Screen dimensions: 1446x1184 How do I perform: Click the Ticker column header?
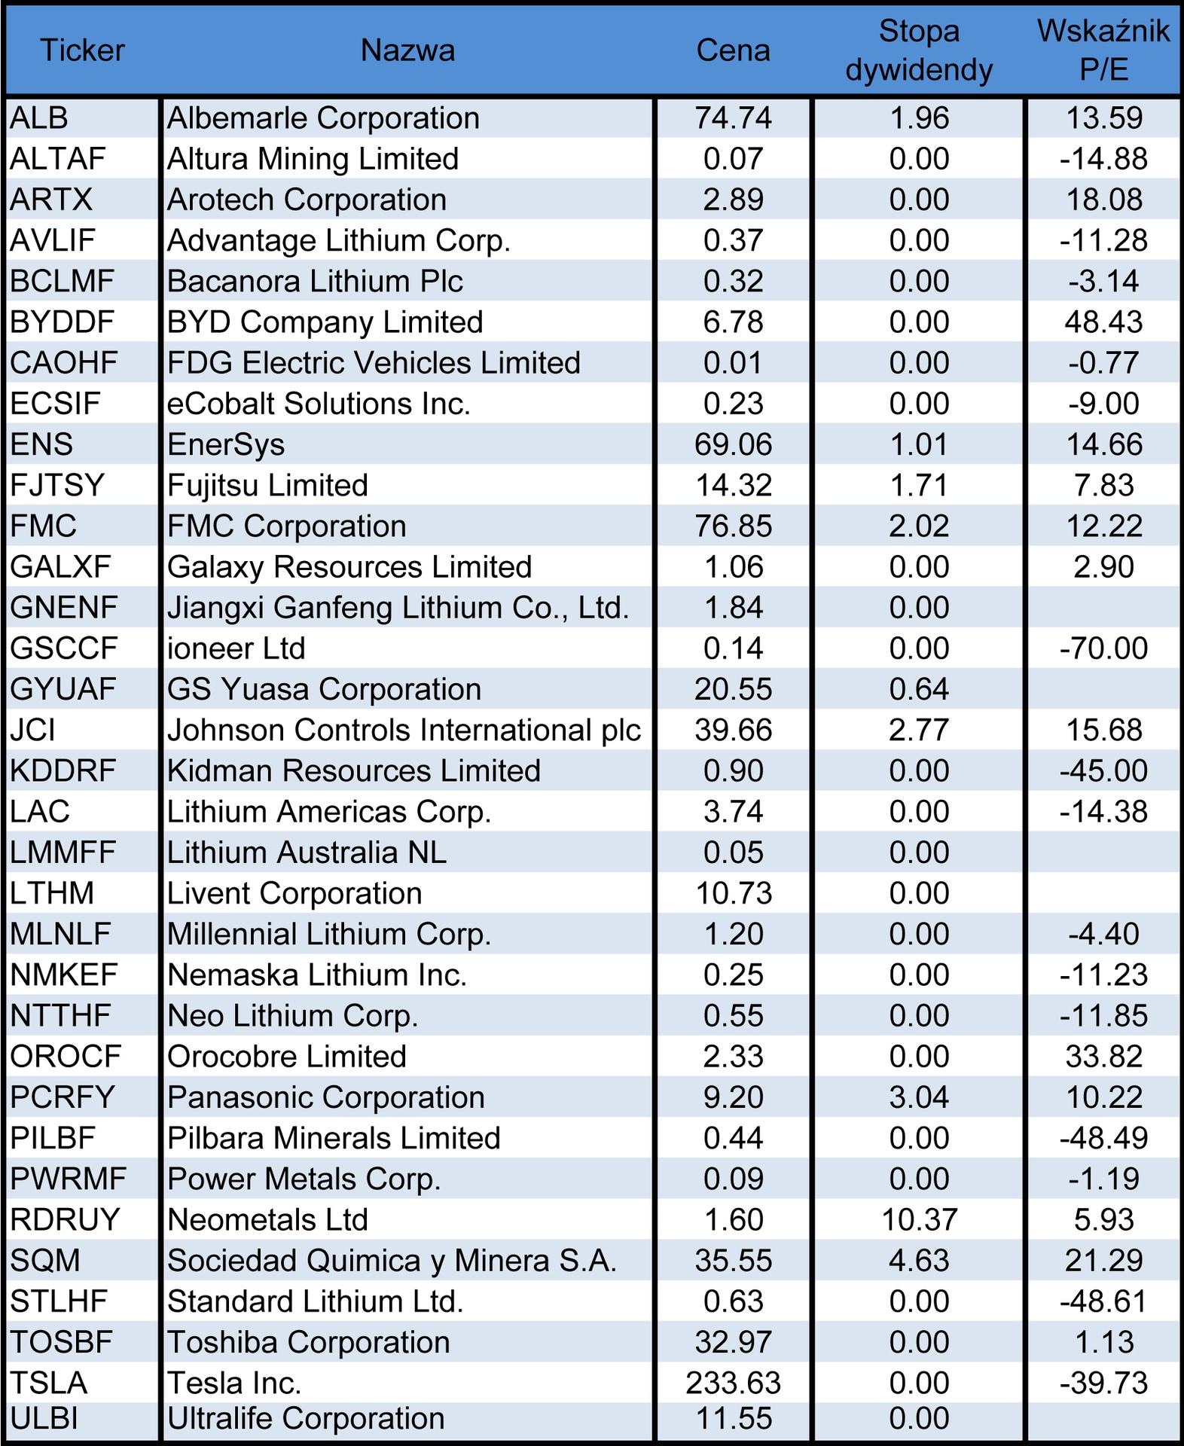click(x=82, y=50)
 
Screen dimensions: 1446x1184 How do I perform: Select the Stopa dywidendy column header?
click(x=919, y=50)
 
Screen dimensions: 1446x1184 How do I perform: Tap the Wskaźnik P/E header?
click(x=1103, y=50)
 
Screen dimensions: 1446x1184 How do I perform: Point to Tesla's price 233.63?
click(x=733, y=1383)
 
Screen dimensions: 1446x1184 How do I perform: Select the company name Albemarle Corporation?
click(x=323, y=118)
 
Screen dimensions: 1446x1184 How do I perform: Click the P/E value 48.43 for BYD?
click(x=1103, y=322)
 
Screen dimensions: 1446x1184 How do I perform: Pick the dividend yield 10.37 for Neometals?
click(x=919, y=1219)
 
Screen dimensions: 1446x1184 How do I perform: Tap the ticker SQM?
click(x=45, y=1260)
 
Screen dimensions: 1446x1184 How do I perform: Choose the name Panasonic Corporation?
click(x=326, y=1097)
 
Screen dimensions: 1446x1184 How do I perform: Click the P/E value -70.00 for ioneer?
click(x=1103, y=648)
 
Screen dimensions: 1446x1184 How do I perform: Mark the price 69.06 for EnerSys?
click(x=733, y=444)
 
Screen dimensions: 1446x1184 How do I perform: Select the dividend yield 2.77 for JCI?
click(x=919, y=730)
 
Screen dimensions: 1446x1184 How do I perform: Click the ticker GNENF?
click(x=64, y=608)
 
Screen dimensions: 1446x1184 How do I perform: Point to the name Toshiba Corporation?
click(x=309, y=1342)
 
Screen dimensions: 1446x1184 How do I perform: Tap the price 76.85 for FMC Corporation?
click(x=733, y=526)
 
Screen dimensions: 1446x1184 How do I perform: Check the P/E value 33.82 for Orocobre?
click(x=1103, y=1057)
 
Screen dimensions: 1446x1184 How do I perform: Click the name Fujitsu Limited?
click(x=267, y=485)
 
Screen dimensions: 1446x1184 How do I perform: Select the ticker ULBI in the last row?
click(x=44, y=1419)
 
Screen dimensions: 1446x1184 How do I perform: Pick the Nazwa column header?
click(x=407, y=50)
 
